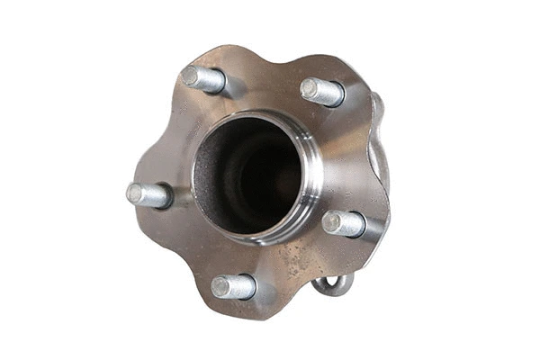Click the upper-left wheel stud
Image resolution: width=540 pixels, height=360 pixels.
tap(204, 79)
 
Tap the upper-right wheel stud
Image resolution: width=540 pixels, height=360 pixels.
tap(322, 91)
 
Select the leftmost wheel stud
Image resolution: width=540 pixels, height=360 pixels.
tap(149, 194)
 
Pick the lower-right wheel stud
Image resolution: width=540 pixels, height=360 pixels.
tap(344, 222)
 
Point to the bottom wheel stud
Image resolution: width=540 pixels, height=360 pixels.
tap(233, 287)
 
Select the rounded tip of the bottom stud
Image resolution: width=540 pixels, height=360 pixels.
tap(219, 287)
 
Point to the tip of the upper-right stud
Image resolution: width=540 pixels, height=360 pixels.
tap(309, 87)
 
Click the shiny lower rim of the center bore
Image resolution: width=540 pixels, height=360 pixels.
tap(261, 236)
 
